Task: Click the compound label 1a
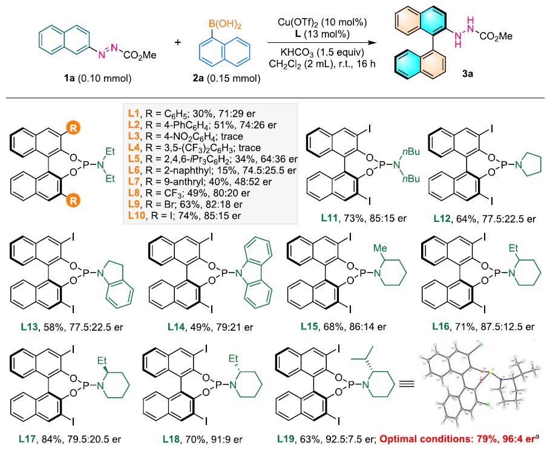point(69,78)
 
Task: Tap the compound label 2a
point(198,78)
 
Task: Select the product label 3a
point(467,74)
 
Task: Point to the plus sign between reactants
point(178,42)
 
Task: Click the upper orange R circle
point(73,128)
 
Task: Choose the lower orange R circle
point(73,201)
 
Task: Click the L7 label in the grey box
point(134,181)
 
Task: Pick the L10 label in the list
point(137,215)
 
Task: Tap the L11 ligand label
point(329,218)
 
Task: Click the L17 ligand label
point(29,439)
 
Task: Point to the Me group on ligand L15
point(380,248)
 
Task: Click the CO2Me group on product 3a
point(496,36)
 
